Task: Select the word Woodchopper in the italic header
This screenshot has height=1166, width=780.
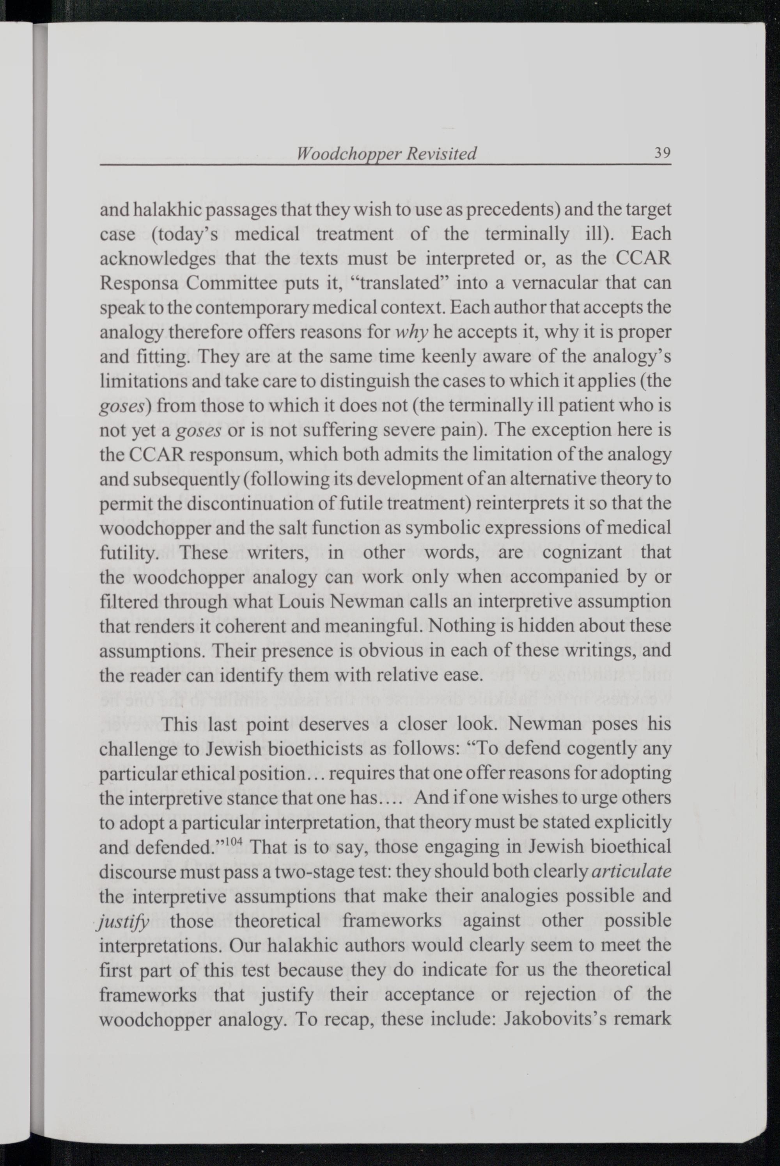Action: [x=346, y=154]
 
